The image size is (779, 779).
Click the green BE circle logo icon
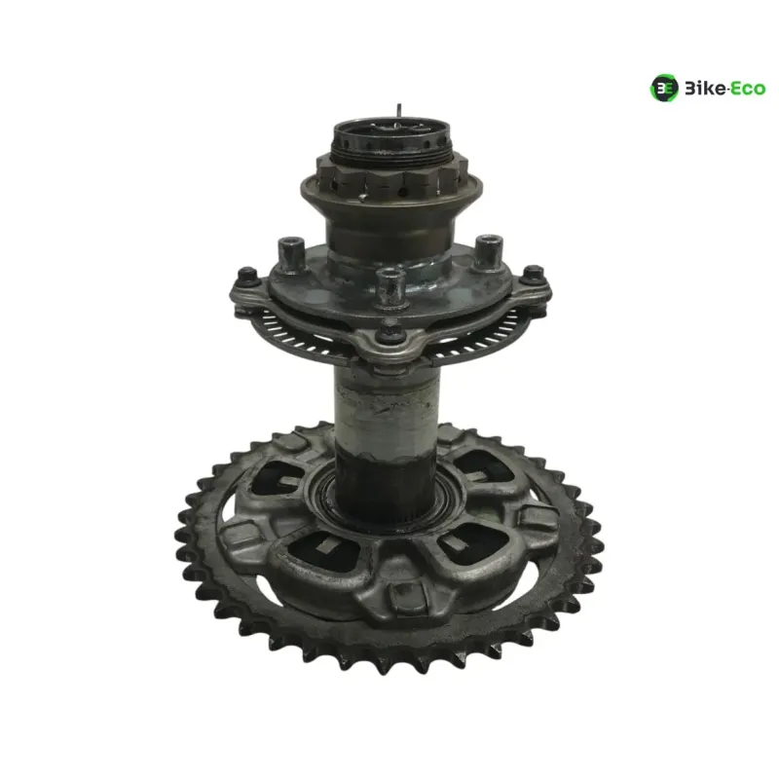click(664, 88)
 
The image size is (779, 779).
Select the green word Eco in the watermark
click(749, 90)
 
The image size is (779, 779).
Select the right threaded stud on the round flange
click(489, 250)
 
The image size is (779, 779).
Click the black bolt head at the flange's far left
click(247, 277)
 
